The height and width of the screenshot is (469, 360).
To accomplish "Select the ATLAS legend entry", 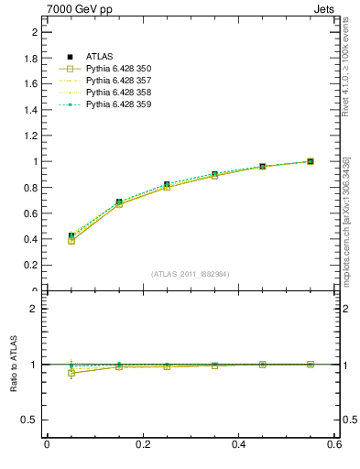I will pos(102,58).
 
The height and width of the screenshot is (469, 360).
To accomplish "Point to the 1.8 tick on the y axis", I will pos(34,58).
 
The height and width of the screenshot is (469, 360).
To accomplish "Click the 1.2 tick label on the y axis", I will pos(34,136).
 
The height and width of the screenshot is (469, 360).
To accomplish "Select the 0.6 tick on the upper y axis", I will pos(34,213).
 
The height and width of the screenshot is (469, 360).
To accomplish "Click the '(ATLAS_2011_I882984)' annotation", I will pos(191,274).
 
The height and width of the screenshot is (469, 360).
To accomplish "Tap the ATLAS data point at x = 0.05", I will pos(71,236).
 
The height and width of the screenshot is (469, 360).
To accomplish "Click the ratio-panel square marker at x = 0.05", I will pos(71,373).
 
